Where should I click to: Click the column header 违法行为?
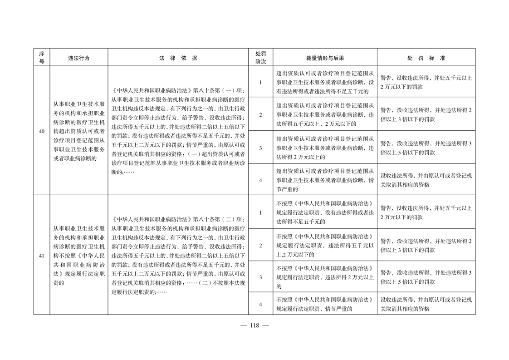[78, 58]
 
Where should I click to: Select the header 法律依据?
[178, 58]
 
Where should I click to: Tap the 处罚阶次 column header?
[260, 58]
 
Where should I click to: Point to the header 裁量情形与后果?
[325, 58]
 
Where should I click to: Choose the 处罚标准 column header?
[426, 58]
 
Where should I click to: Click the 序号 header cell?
[41, 58]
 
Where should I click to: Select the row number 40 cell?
[41, 132]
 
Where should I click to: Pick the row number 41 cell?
[41, 256]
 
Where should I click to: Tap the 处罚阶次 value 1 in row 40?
[260, 83]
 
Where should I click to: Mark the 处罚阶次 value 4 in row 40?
[260, 180]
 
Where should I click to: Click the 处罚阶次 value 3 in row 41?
[260, 277]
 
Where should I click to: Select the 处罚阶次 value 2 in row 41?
[260, 246]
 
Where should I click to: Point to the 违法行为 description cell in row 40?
[78, 132]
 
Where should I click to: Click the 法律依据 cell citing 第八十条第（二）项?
[178, 256]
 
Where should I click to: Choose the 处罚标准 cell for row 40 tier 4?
[426, 180]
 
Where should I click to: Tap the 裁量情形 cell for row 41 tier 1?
[325, 212]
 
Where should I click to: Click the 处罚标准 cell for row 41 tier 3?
[426, 277]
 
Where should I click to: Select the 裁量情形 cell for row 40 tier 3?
[325, 148]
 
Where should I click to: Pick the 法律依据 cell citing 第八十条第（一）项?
[178, 132]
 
